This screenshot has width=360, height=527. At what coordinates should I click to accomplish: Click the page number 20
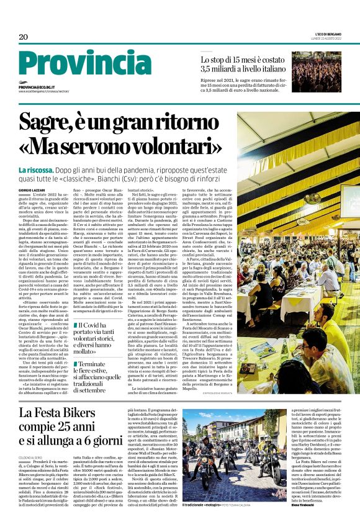[x=24, y=37]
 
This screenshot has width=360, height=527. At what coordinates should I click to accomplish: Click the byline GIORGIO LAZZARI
[x=32, y=189]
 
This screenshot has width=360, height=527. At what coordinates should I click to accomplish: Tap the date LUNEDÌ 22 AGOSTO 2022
[x=331, y=39]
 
